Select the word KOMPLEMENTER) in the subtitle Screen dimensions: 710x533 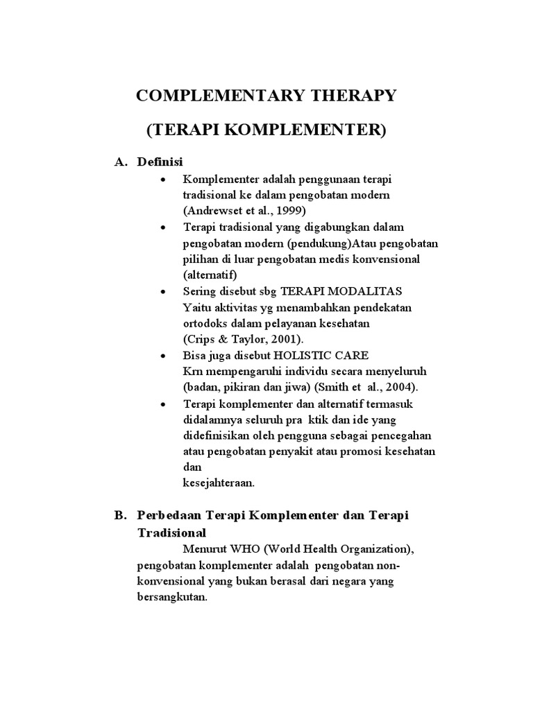(x=313, y=130)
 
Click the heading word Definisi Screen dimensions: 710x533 (x=160, y=162)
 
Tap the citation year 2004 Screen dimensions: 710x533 (x=400, y=387)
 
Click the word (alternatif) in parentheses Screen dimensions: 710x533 (x=210, y=275)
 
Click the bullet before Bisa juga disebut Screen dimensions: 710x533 (x=162, y=355)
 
